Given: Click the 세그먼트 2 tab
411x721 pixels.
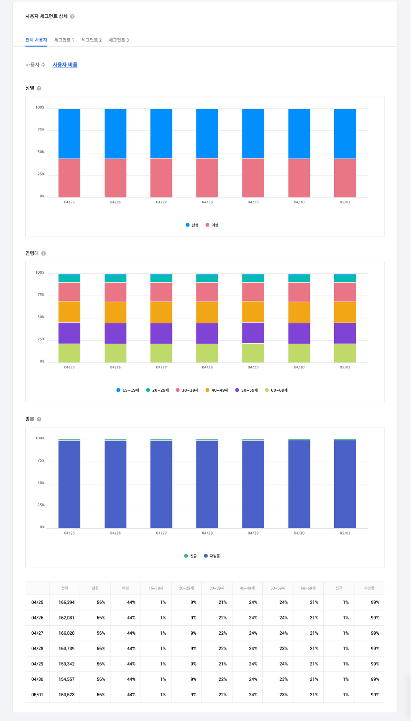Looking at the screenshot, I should point(91,40).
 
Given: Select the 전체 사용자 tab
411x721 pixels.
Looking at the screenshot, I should point(36,40).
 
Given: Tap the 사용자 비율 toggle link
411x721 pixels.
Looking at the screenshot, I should point(65,64).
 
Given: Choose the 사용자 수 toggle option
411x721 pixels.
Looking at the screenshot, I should point(35,64).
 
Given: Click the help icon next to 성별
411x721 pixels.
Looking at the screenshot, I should point(39,88).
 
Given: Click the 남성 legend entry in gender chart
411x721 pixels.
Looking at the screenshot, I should point(192,225).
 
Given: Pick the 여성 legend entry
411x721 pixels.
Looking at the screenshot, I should point(212,225).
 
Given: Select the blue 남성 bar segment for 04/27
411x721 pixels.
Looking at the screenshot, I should point(161,133).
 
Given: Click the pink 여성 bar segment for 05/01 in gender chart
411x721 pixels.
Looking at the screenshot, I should point(345,178).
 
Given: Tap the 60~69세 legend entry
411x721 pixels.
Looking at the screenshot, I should point(276,390).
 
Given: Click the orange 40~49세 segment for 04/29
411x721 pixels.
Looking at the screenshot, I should point(253,312).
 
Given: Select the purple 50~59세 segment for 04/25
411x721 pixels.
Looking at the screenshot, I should point(69,333).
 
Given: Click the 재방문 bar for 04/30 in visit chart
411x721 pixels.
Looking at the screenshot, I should point(299,483).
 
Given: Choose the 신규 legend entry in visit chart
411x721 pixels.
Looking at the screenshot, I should point(190,556).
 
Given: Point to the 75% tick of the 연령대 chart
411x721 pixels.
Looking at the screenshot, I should point(40,295).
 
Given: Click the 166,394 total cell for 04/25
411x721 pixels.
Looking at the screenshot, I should point(64,602).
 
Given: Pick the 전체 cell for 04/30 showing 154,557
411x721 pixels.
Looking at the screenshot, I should point(64,679).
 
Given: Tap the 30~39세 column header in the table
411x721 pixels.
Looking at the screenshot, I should point(218,588).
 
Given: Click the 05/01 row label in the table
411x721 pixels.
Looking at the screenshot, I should point(37,695).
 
